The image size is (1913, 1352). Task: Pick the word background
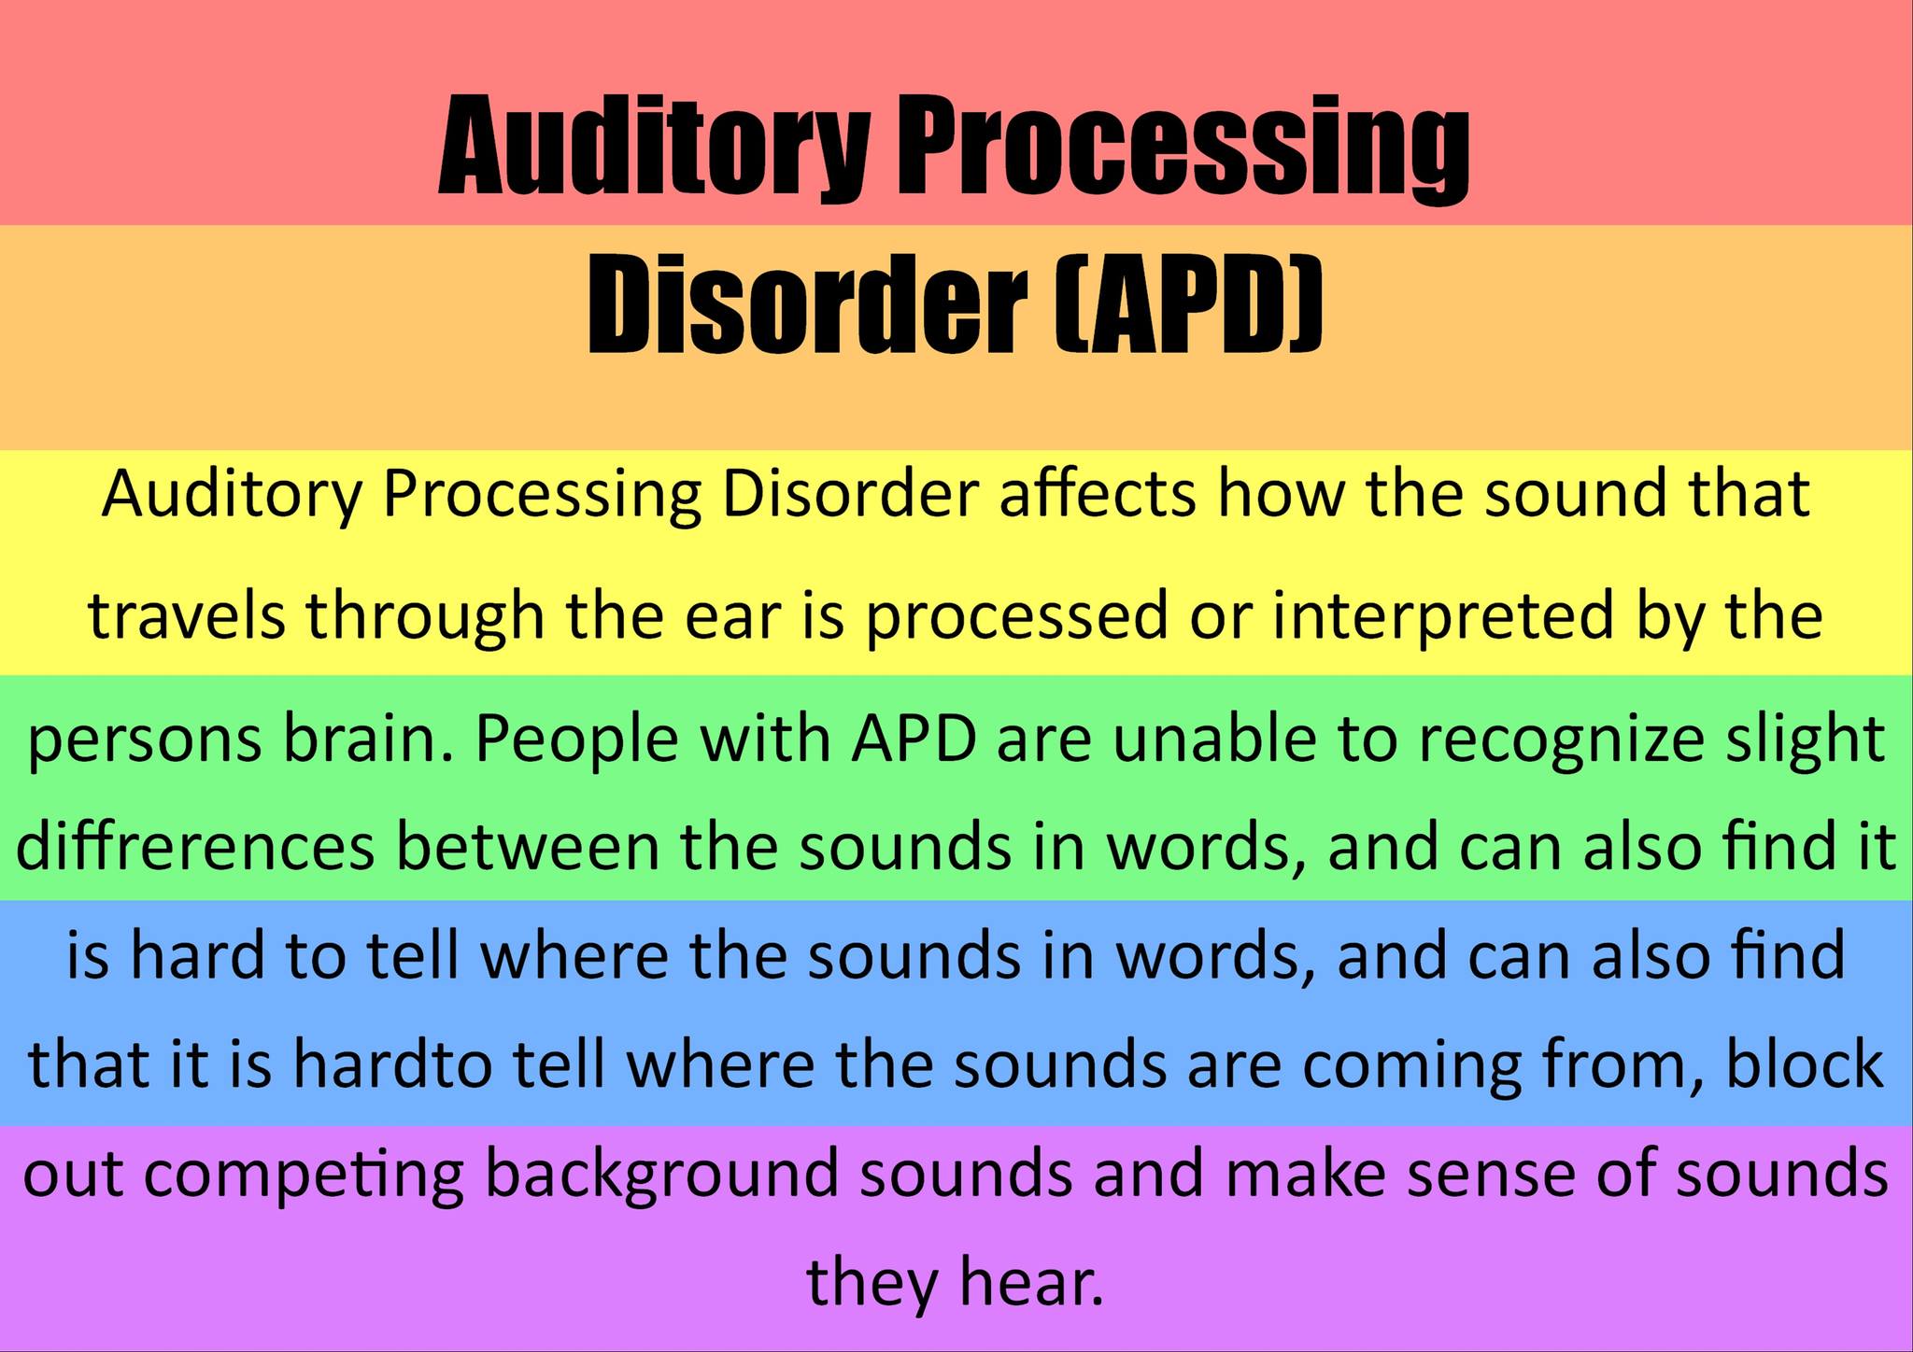[x=661, y=1176]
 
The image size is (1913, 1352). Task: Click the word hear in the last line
[x=1032, y=1282]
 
